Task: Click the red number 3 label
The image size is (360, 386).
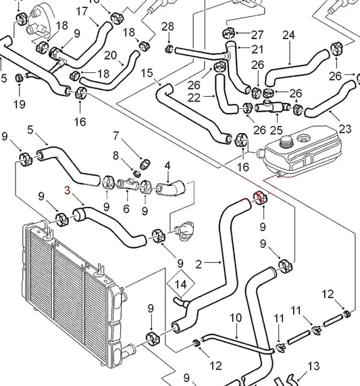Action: pos(67,191)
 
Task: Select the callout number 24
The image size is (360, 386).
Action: pos(288,34)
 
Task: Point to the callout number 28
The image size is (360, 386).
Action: pos(168,26)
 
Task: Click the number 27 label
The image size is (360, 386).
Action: pos(257,34)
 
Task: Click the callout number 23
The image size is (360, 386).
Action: pos(345,128)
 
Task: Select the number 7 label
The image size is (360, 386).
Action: pos(115,135)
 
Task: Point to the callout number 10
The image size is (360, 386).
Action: pos(236,317)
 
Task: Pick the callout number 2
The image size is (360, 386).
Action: pos(198,263)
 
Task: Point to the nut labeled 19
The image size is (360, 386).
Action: pos(19,78)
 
